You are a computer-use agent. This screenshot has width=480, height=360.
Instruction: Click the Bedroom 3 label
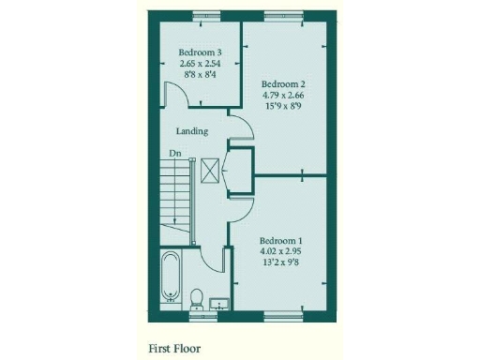pos(199,52)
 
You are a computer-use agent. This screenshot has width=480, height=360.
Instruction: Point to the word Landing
pos(191,131)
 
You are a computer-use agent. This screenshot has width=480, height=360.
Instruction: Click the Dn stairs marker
pos(174,153)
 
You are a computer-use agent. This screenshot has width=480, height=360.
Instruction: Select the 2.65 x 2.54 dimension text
pos(199,64)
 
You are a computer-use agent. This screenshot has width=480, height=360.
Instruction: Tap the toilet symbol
pos(197,298)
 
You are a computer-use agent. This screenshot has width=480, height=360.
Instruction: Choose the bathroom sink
pos(221,302)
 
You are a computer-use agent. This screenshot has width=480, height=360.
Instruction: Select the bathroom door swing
pos(212,256)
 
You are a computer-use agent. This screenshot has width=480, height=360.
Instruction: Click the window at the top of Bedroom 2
pos(280,14)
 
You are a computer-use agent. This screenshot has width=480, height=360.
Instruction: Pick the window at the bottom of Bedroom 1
pos(281,312)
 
